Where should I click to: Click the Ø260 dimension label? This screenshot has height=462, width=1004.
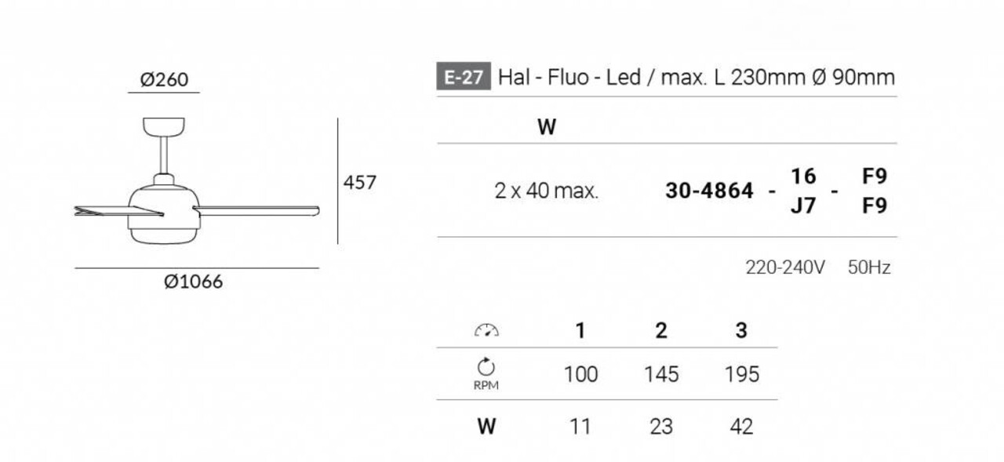[x=164, y=80]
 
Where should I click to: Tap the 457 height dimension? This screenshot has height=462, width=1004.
[x=359, y=183]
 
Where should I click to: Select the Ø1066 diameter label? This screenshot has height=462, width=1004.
[x=193, y=282]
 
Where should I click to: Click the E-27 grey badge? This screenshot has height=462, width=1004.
[x=464, y=77]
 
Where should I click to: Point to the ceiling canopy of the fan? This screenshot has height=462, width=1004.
[x=164, y=126]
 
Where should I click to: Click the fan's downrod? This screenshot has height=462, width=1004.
[x=164, y=155]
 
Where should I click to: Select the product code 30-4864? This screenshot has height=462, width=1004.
[x=709, y=191]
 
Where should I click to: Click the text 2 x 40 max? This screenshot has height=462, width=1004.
[x=547, y=191]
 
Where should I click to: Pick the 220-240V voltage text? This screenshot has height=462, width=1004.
[x=785, y=267]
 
